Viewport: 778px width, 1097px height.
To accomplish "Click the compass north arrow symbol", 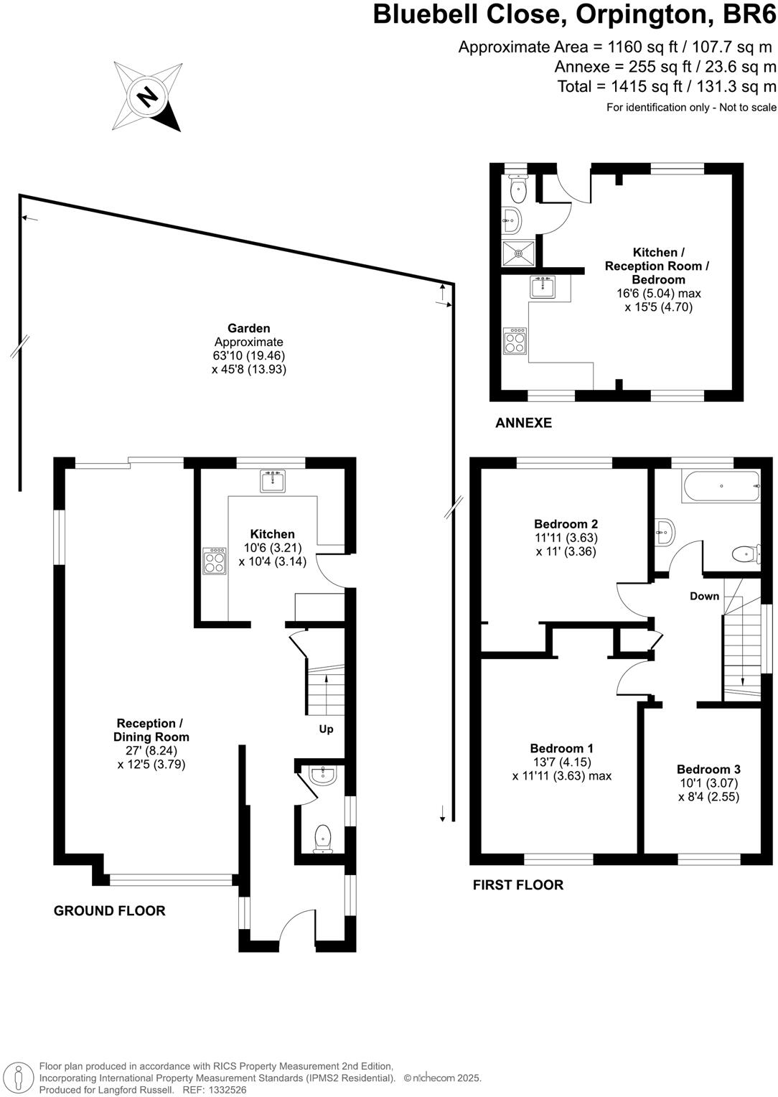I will (x=147, y=96).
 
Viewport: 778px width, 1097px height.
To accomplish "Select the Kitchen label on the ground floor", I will (x=272, y=534).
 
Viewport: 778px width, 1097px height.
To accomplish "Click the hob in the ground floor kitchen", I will (x=215, y=560).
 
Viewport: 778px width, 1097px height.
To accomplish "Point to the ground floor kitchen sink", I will (x=273, y=481).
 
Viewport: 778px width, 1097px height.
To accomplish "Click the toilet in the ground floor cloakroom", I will (x=324, y=838).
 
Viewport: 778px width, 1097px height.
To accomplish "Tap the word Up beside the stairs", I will (x=327, y=729).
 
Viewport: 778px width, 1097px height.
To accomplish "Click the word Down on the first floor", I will (x=704, y=596).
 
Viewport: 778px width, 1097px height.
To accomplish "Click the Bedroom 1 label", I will (x=561, y=748).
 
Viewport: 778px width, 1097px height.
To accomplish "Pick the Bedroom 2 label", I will (x=566, y=524).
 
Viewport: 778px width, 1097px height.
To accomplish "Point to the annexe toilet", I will (x=517, y=190).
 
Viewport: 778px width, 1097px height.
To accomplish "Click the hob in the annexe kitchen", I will (x=514, y=340).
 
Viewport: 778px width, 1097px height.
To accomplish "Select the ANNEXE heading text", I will (x=524, y=423).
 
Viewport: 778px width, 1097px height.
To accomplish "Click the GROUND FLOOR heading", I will (x=110, y=911).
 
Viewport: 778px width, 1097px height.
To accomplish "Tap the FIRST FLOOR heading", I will (x=517, y=885).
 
